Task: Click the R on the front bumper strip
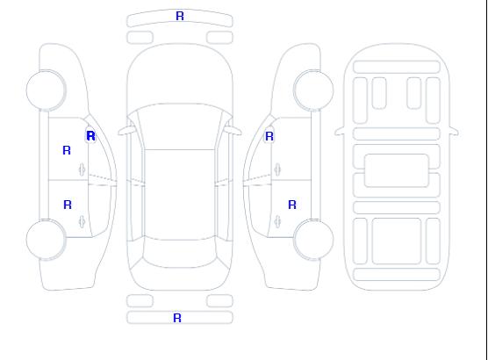(180, 16)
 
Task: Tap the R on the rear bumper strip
(177, 318)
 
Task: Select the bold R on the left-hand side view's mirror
(90, 136)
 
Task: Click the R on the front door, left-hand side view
(67, 150)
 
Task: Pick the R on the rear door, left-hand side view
(68, 205)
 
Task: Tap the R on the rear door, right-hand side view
(292, 205)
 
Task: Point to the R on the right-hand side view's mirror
(269, 136)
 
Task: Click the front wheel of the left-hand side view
(46, 90)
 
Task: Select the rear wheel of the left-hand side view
(46, 240)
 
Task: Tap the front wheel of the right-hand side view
(313, 90)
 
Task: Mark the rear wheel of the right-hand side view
(313, 240)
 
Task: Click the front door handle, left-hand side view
(82, 169)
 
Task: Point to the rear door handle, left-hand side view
(82, 221)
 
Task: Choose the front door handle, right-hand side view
(277, 169)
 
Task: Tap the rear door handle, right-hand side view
(277, 221)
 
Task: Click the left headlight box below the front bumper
(140, 38)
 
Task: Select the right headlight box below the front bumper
(219, 38)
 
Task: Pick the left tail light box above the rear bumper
(140, 301)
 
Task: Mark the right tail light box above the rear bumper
(219, 301)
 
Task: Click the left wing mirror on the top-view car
(126, 131)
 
